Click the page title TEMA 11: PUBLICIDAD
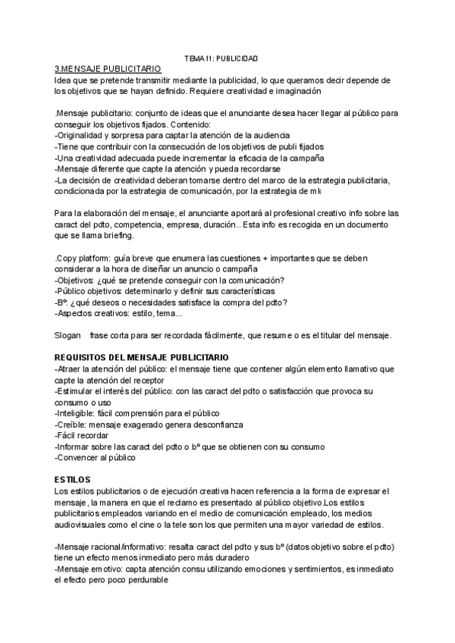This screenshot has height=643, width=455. click(221, 58)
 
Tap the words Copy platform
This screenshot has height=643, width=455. click(83, 259)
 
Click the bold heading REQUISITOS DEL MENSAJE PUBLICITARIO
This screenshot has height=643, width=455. click(142, 358)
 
